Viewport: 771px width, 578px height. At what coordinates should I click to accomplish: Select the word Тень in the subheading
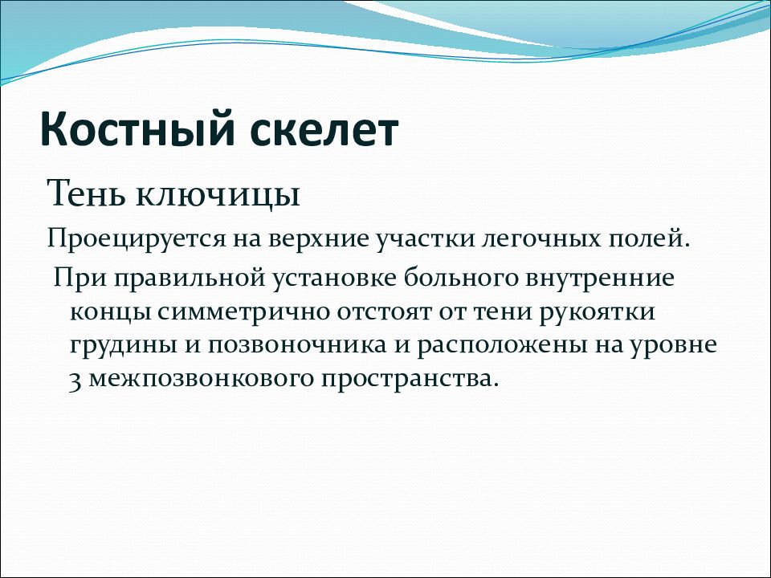click(88, 193)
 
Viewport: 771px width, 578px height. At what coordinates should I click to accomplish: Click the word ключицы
click(218, 196)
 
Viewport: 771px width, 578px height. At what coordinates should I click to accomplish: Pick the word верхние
click(319, 238)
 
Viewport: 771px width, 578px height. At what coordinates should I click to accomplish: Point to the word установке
click(336, 279)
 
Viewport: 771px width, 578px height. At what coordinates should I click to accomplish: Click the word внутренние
click(601, 278)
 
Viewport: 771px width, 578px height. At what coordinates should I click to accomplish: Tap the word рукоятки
click(597, 313)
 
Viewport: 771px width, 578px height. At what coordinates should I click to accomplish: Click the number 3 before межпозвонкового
click(75, 381)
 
